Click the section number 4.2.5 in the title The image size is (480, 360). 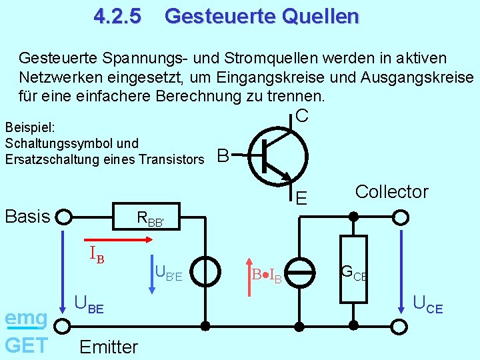(x=117, y=16)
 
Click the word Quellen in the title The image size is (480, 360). (x=319, y=16)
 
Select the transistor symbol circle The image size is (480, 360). (x=279, y=155)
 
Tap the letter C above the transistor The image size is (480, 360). (x=301, y=115)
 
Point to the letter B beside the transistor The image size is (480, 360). (x=223, y=156)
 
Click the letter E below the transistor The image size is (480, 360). (x=301, y=198)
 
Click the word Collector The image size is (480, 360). (x=392, y=192)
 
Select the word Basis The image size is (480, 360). (x=27, y=216)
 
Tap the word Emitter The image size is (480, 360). (x=108, y=347)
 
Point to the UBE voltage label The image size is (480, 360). (x=89, y=304)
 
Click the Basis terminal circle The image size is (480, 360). (x=63, y=217)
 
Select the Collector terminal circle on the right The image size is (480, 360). (x=401, y=217)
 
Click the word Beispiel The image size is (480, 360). (x=26, y=127)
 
